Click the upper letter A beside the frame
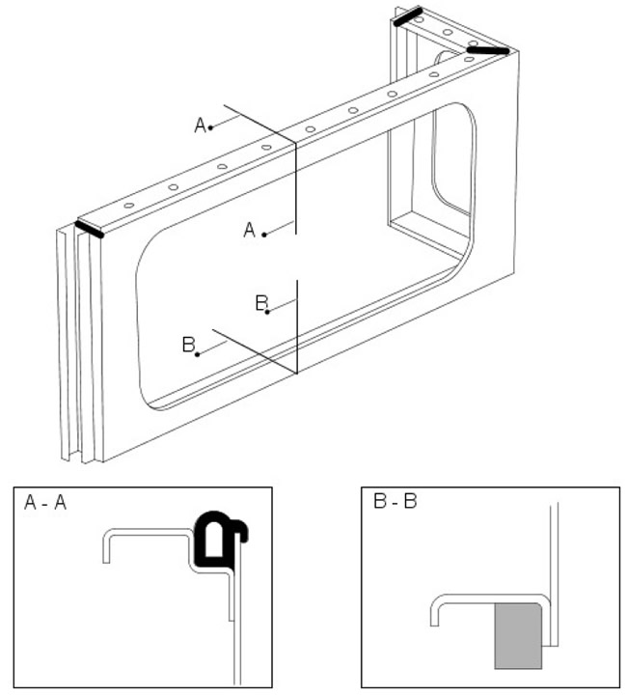(x=201, y=125)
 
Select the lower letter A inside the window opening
(x=249, y=230)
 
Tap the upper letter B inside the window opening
(x=260, y=303)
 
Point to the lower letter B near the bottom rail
(x=189, y=345)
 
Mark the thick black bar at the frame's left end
(x=90, y=229)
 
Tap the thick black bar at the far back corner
(x=407, y=15)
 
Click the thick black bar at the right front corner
(x=488, y=49)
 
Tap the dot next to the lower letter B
(x=199, y=354)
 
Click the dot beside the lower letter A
(x=262, y=232)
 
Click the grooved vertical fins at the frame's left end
(x=69, y=338)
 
